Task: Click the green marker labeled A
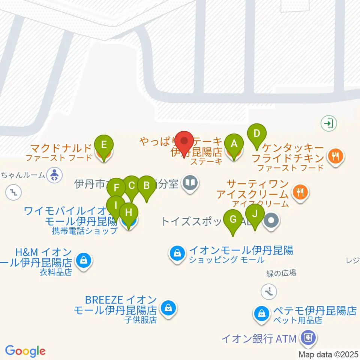point(234,144)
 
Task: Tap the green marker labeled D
point(257,133)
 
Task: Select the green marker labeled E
point(104,145)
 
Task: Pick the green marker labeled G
point(233,219)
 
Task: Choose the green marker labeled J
point(255,214)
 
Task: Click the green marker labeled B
point(146,186)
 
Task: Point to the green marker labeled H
point(129,213)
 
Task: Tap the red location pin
point(184,142)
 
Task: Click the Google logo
point(25,351)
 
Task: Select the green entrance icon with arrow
point(329,123)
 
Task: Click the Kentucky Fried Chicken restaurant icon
point(335,155)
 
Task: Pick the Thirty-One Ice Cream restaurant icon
point(300,192)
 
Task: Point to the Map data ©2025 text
point(328,354)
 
